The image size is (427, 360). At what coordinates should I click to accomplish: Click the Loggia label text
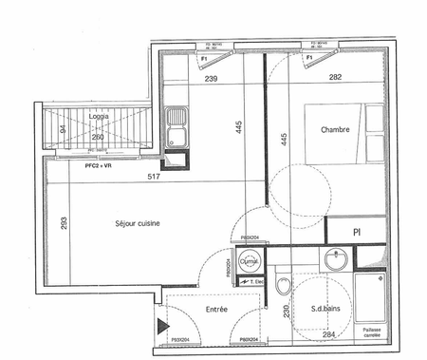click(98, 116)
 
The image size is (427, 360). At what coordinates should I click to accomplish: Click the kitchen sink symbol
click(176, 122)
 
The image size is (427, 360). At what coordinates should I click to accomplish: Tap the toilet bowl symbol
click(281, 284)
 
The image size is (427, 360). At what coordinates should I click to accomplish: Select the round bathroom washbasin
click(334, 259)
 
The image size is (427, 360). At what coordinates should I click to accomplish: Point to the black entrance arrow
click(160, 327)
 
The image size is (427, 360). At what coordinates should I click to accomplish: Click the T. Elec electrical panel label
click(253, 282)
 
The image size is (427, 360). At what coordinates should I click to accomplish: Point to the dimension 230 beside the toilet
click(286, 311)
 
